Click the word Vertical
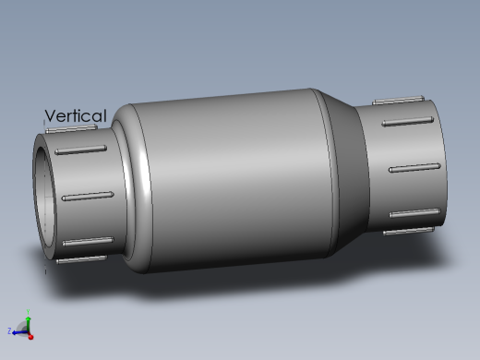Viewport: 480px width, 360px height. [x=76, y=115]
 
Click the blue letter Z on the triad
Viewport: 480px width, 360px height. [x=9, y=330]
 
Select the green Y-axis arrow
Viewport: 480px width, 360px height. [x=29, y=324]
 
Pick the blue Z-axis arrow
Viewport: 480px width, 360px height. [x=19, y=332]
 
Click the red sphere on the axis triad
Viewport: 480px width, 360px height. [x=30, y=336]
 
